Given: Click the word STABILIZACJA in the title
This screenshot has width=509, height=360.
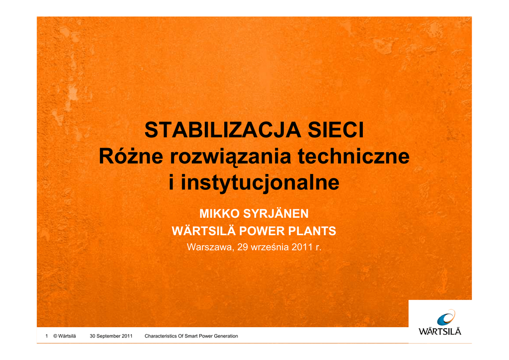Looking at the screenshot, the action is pyautogui.click(x=223, y=130).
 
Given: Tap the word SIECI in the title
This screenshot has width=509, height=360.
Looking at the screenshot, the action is pyautogui.click(x=336, y=130).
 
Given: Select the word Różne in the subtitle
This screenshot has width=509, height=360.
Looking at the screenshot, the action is pyautogui.click(x=131, y=156).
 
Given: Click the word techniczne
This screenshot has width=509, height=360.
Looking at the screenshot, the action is pyautogui.click(x=353, y=156).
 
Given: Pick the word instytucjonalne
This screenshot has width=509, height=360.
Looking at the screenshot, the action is pyautogui.click(x=260, y=182).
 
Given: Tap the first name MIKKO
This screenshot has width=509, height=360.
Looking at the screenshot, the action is pyautogui.click(x=219, y=214).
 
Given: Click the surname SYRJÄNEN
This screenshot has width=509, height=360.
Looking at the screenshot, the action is pyautogui.click(x=275, y=213).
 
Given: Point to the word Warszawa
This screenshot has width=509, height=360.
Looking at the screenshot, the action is pyautogui.click(x=210, y=247).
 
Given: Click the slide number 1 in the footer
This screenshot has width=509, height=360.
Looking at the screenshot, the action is pyautogui.click(x=47, y=336).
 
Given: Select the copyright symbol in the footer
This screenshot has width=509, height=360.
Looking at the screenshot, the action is pyautogui.click(x=55, y=336).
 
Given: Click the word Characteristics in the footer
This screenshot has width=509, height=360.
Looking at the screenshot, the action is pyautogui.click(x=161, y=336).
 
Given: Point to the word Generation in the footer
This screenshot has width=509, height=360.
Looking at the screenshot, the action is pyautogui.click(x=226, y=336).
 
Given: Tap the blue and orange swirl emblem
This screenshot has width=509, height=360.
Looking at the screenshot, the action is pyautogui.click(x=446, y=317).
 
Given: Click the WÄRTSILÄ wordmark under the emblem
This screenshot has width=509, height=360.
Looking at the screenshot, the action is pyautogui.click(x=440, y=331).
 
